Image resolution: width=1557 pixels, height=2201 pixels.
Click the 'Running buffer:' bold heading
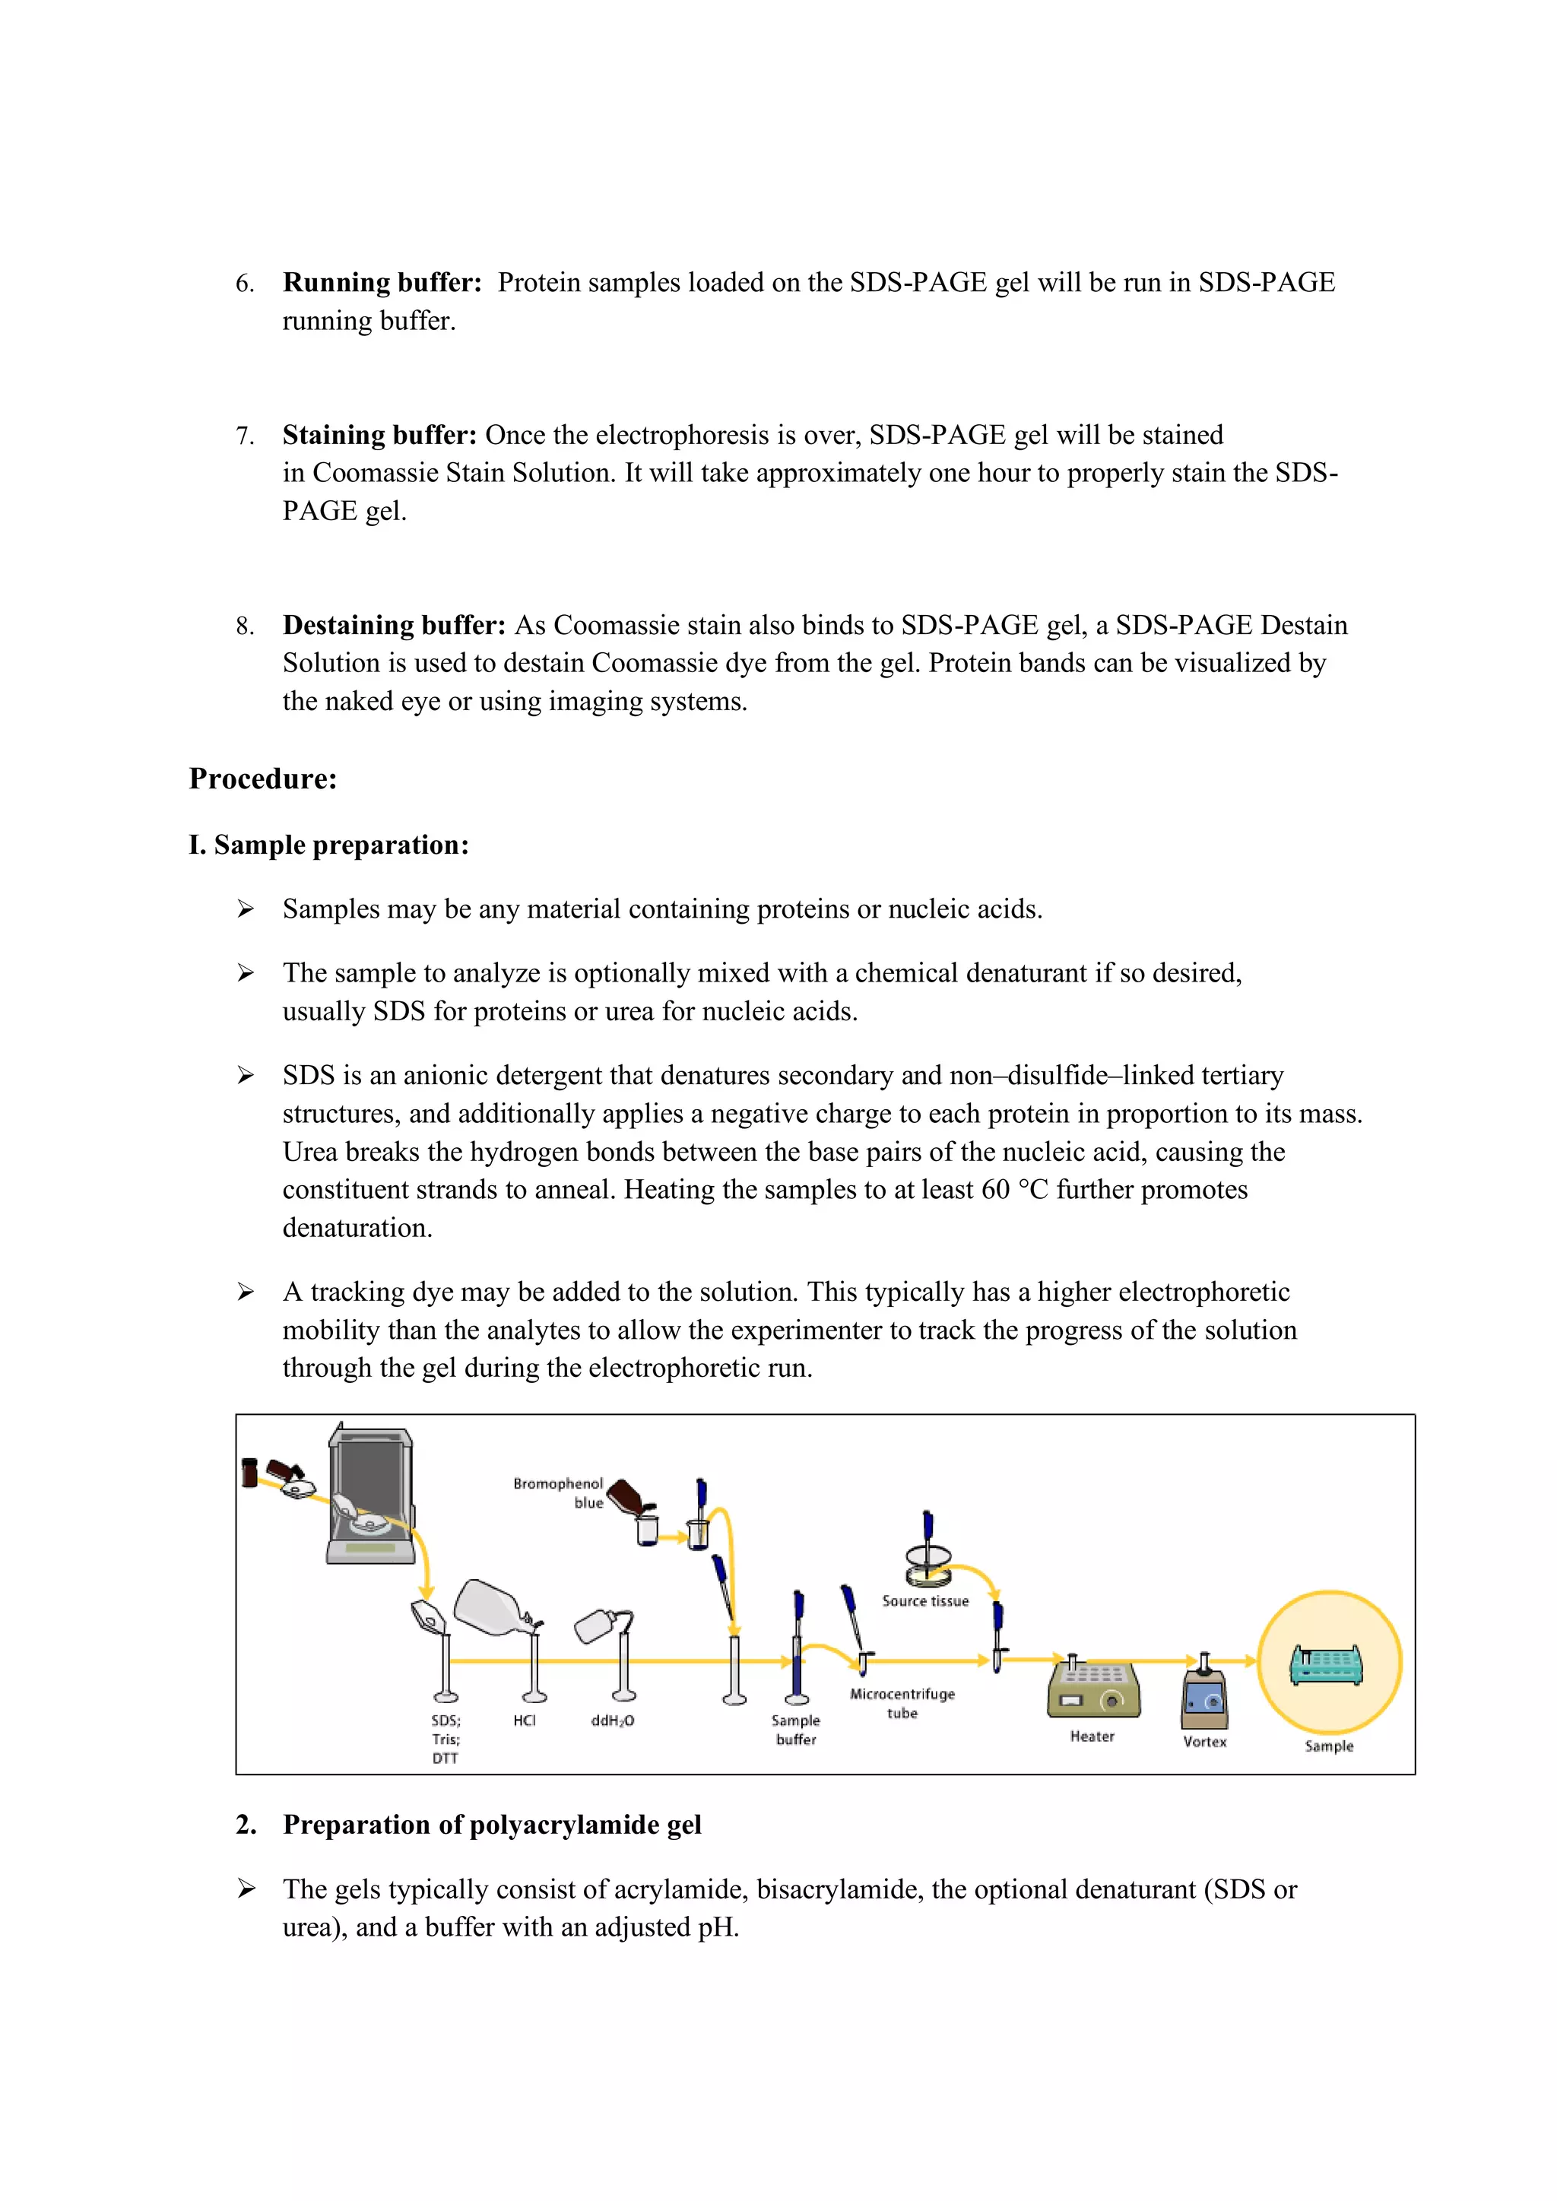coord(382,283)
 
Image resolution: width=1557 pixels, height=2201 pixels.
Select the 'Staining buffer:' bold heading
coord(379,435)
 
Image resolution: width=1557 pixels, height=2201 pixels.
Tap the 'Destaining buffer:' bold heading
coord(393,625)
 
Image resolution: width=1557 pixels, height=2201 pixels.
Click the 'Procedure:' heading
coord(263,779)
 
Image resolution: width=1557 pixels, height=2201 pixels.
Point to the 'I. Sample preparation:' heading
coord(329,845)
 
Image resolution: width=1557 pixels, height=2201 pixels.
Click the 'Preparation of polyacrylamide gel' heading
coord(492,1824)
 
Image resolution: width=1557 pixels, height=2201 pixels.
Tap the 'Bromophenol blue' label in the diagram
coord(559,1492)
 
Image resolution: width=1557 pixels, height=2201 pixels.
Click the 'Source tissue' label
coord(925,1601)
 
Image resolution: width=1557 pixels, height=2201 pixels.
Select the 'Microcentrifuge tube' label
coord(902,1704)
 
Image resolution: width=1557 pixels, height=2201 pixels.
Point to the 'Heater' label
coord(1092,1736)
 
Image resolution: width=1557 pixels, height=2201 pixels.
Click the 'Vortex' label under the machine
coord(1204,1742)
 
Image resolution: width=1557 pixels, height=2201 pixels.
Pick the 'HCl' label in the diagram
coord(525,1721)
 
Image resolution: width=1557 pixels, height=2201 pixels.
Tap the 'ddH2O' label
coord(613,1721)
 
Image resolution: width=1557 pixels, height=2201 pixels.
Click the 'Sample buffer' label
coord(796,1730)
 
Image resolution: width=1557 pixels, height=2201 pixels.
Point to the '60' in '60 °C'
coord(995,1190)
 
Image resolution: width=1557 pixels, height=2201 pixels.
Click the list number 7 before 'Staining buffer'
coord(245,436)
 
